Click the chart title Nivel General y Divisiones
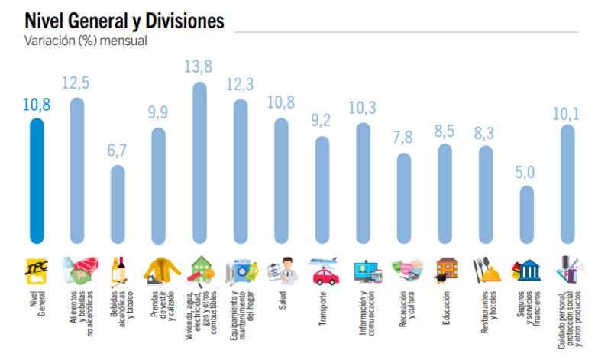pyautogui.click(x=124, y=20)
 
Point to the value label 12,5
pyautogui.click(x=76, y=83)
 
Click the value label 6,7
pyautogui.click(x=118, y=151)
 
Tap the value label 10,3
pyautogui.click(x=363, y=108)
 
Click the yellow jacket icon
pyautogui.click(x=159, y=270)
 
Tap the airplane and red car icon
pyautogui.click(x=323, y=271)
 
